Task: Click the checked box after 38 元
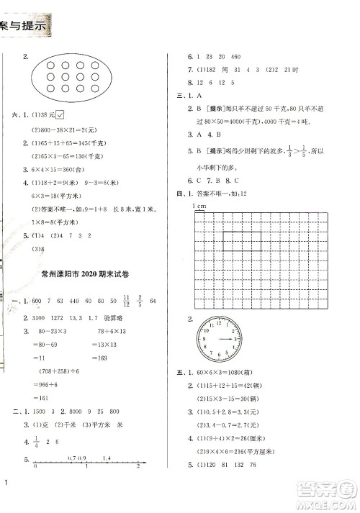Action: (60, 115)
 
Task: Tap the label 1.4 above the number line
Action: (108, 458)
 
